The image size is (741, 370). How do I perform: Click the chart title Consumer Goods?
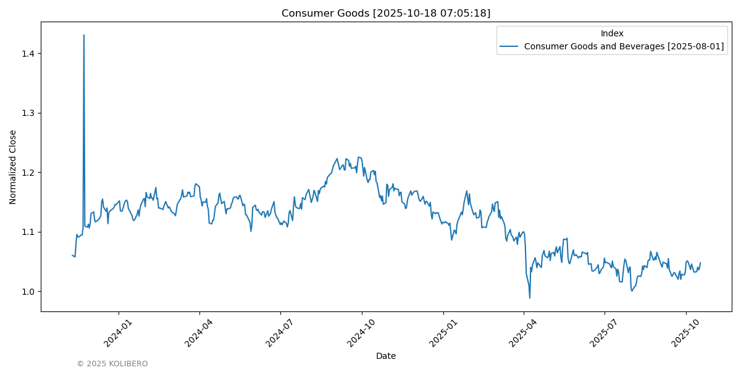386,13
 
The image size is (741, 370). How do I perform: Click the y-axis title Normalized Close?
13,166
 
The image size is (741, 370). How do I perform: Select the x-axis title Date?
386,356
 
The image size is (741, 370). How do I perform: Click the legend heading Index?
612,33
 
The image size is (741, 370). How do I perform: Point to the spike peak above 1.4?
84,35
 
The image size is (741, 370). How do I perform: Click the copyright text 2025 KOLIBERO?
112,364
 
